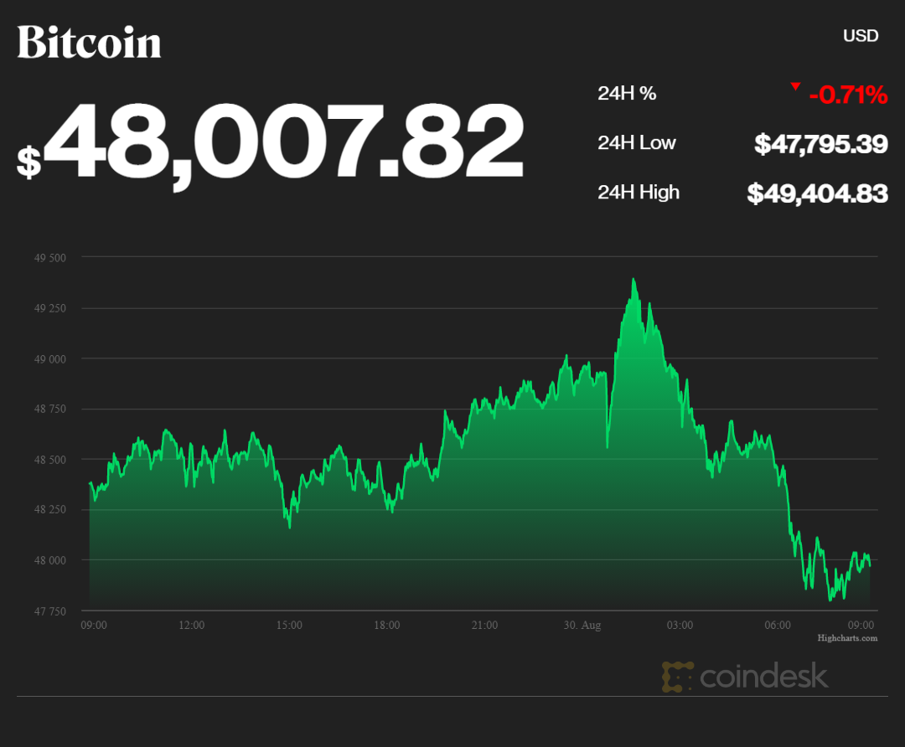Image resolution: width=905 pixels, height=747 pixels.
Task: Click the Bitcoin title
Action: (x=89, y=42)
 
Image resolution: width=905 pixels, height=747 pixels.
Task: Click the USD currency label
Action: (x=860, y=36)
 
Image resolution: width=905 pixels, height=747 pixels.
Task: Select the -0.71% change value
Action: (x=847, y=95)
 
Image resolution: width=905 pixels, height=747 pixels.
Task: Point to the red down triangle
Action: (x=795, y=86)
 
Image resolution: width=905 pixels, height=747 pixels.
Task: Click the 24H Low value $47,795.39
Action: (x=820, y=144)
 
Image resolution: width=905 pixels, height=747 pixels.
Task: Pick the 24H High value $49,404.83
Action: (x=817, y=193)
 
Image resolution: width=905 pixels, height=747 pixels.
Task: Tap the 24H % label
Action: (x=627, y=94)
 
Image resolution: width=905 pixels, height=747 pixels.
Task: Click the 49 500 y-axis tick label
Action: (x=50, y=257)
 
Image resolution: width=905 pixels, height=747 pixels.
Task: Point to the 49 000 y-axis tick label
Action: (x=50, y=358)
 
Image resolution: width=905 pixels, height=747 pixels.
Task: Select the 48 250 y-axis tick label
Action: (x=50, y=510)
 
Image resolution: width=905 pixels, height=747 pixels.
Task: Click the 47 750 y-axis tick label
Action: (x=50, y=611)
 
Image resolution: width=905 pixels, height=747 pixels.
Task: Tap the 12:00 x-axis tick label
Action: (x=191, y=626)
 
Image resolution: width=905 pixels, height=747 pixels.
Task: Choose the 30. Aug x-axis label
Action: (x=582, y=626)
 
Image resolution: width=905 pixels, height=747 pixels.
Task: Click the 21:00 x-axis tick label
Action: (x=484, y=626)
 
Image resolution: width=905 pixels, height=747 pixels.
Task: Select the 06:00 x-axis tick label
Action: (x=778, y=626)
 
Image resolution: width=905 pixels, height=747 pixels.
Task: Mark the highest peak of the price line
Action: (x=633, y=280)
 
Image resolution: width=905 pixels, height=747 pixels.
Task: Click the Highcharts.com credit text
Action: (x=847, y=638)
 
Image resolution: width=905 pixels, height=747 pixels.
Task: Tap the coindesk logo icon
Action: (x=676, y=677)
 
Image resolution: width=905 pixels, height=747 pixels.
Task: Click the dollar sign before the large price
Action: (x=28, y=161)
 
